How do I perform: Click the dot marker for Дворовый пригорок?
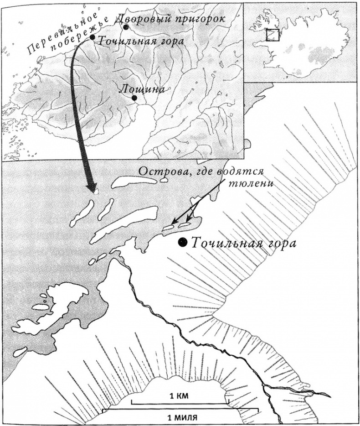tap(126, 27)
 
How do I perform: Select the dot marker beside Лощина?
tap(134, 98)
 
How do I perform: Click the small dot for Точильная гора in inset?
tap(93, 37)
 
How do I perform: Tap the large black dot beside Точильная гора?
tap(183, 243)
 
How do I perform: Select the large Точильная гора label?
tap(243, 243)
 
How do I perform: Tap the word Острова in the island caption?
tap(160, 172)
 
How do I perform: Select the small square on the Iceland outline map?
tap(272, 35)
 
